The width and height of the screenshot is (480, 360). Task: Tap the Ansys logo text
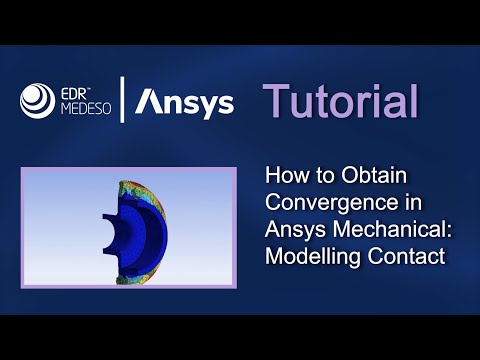click(185, 102)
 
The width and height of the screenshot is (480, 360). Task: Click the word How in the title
click(284, 175)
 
